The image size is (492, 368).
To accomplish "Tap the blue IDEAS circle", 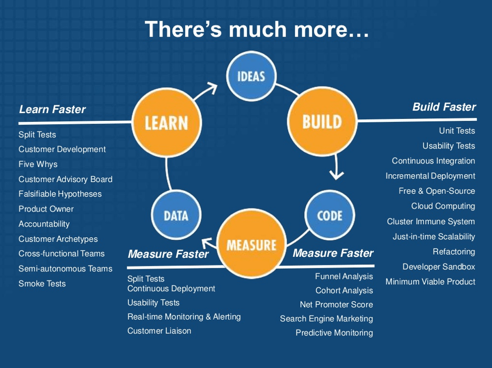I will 251,76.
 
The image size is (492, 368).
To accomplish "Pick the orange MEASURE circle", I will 251,245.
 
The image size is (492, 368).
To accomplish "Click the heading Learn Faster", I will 52,110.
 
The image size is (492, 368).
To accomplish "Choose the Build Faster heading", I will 444,107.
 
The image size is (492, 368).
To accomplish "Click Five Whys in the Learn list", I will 38,164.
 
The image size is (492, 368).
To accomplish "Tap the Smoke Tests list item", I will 42,284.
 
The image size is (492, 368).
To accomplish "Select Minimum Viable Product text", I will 430,282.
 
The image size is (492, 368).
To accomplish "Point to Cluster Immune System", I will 431,222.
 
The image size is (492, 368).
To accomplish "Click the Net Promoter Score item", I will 336,305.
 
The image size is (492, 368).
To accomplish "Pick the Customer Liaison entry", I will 159,331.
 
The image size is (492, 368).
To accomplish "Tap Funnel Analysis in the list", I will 344,276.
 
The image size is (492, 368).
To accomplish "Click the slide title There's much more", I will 256,29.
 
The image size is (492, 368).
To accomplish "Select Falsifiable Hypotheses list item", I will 60,194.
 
